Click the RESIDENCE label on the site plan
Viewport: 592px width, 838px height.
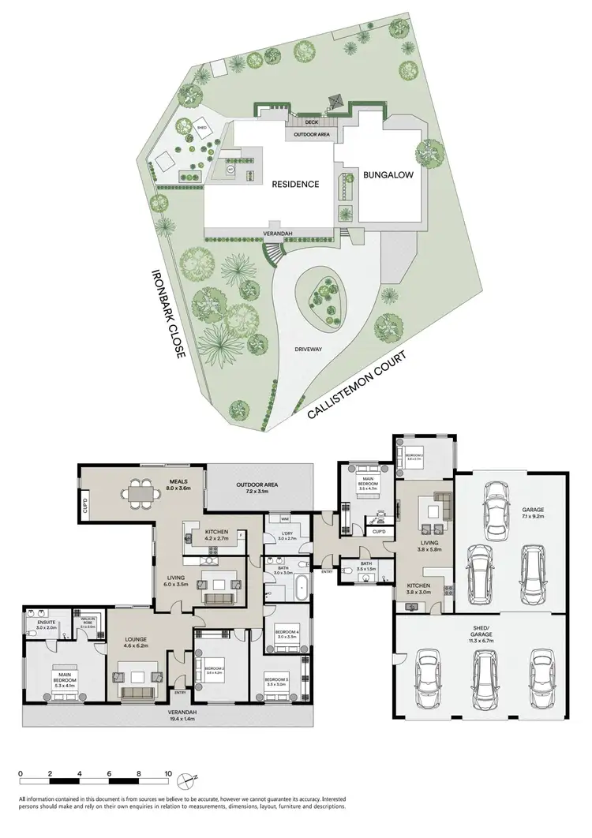296,184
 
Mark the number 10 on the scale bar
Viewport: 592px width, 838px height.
167,773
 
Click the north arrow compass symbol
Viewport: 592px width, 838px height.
185,781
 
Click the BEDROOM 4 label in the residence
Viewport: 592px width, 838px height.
286,632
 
